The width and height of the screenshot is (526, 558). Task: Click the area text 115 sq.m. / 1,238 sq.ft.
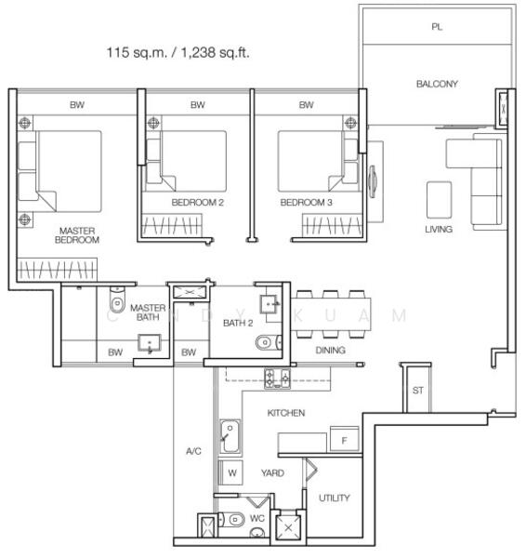[x=178, y=53]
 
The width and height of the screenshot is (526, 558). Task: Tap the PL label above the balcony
[x=437, y=27]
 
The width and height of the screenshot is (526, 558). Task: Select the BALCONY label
[x=437, y=84]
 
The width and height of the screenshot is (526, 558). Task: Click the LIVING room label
[x=439, y=229]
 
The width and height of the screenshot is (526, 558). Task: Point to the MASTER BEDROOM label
[x=78, y=234]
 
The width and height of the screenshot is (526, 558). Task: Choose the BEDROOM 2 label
[x=198, y=202]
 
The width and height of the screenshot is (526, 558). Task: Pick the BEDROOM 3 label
[x=306, y=202]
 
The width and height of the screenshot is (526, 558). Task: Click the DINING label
[x=330, y=350]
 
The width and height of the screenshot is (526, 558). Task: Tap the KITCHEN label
[x=286, y=412]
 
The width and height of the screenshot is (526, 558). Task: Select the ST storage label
[x=417, y=391]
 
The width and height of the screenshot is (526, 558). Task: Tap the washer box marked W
[x=231, y=472]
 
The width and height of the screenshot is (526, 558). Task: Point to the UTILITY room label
[x=335, y=498]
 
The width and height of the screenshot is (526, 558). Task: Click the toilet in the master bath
[x=116, y=302]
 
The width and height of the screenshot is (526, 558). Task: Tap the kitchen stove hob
[x=278, y=378]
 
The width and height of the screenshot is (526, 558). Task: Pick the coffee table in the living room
[x=439, y=197]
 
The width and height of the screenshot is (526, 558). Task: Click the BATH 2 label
[x=238, y=322]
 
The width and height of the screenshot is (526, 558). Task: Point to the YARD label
[x=272, y=472]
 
